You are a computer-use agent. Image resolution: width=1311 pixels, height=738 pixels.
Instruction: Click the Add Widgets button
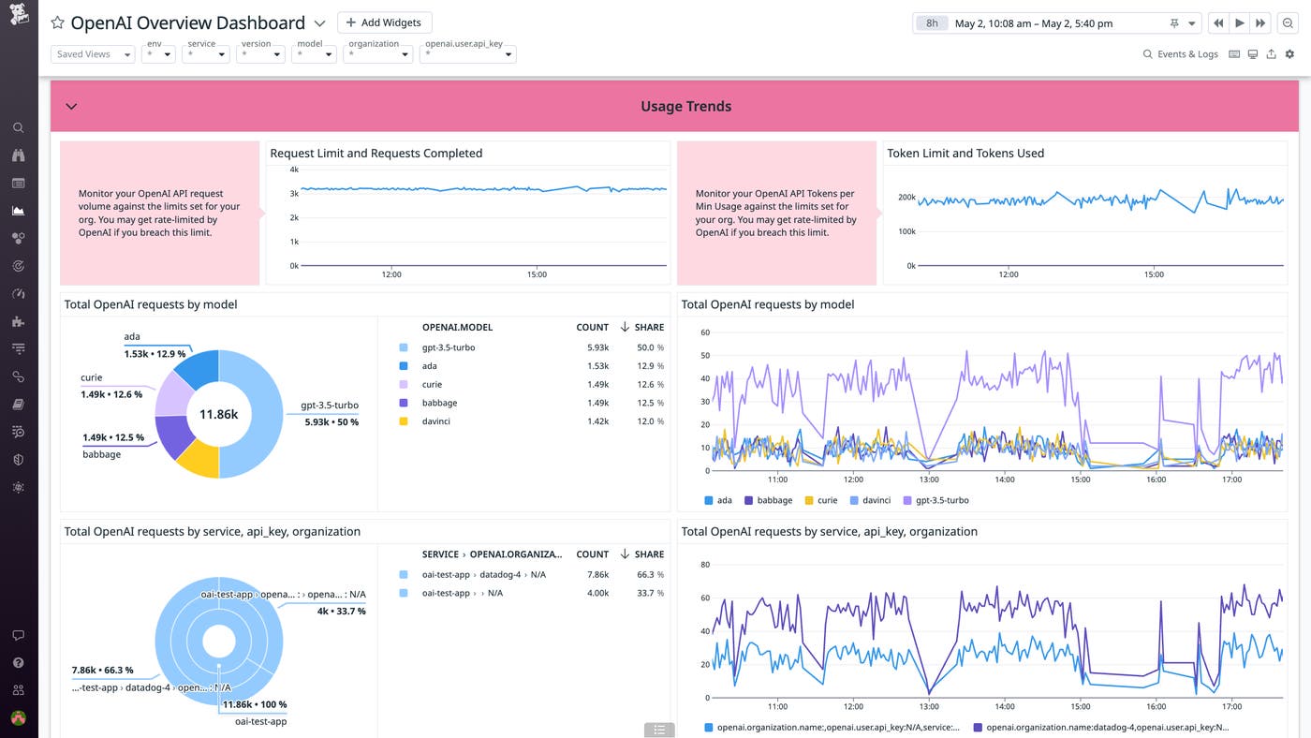click(x=384, y=22)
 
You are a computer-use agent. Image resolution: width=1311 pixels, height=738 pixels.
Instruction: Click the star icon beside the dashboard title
click(x=57, y=23)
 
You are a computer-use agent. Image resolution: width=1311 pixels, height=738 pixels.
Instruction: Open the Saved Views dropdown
click(x=92, y=54)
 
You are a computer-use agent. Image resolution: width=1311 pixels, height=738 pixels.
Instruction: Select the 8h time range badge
click(x=932, y=23)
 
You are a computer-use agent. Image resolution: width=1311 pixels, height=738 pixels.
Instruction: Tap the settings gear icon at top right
click(x=1289, y=54)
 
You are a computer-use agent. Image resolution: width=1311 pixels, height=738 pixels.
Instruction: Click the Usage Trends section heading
click(x=685, y=106)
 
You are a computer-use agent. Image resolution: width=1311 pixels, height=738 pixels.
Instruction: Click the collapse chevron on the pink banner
click(x=71, y=106)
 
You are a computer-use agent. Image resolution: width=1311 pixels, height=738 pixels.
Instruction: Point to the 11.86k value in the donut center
click(x=218, y=414)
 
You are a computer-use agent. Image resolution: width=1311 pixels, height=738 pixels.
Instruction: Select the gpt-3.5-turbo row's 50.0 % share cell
click(x=649, y=347)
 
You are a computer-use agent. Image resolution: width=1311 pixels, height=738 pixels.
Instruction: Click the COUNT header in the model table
click(x=592, y=327)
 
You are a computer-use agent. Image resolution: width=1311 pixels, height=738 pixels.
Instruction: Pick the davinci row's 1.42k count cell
click(x=597, y=421)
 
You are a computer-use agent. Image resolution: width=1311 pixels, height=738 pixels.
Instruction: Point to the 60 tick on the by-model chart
click(x=705, y=332)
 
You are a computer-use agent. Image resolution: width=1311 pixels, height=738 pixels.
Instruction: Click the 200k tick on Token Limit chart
click(x=906, y=198)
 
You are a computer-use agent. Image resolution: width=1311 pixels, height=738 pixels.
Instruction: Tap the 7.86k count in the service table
click(x=597, y=575)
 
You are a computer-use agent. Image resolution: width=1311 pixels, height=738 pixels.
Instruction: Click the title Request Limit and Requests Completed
click(x=376, y=153)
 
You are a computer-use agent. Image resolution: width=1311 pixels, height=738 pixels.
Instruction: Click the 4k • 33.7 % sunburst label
click(x=341, y=611)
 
